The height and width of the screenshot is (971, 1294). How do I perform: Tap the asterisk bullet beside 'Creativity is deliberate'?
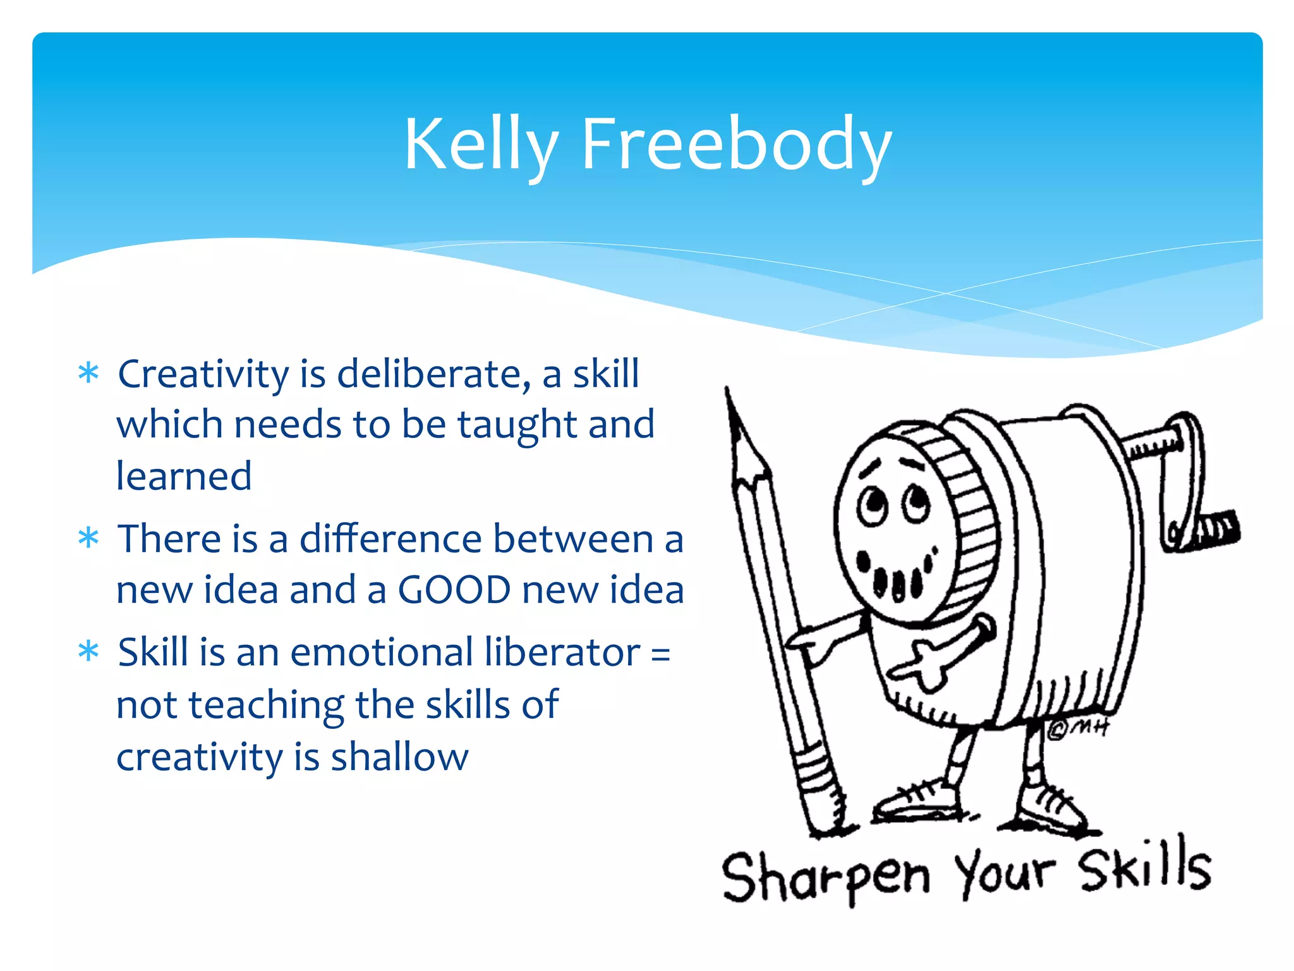coord(88,373)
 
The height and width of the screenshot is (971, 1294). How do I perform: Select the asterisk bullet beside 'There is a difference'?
coord(88,538)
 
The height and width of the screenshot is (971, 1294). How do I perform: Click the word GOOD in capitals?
coord(454,590)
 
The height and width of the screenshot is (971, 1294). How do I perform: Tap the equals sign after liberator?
coord(660,653)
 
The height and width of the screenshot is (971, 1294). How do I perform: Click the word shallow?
coord(399,756)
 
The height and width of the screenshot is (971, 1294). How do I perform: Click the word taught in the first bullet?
coord(517,425)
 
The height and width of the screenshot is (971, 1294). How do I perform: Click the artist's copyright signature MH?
coord(1078,729)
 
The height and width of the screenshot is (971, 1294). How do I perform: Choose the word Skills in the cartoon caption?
coord(1143,866)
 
